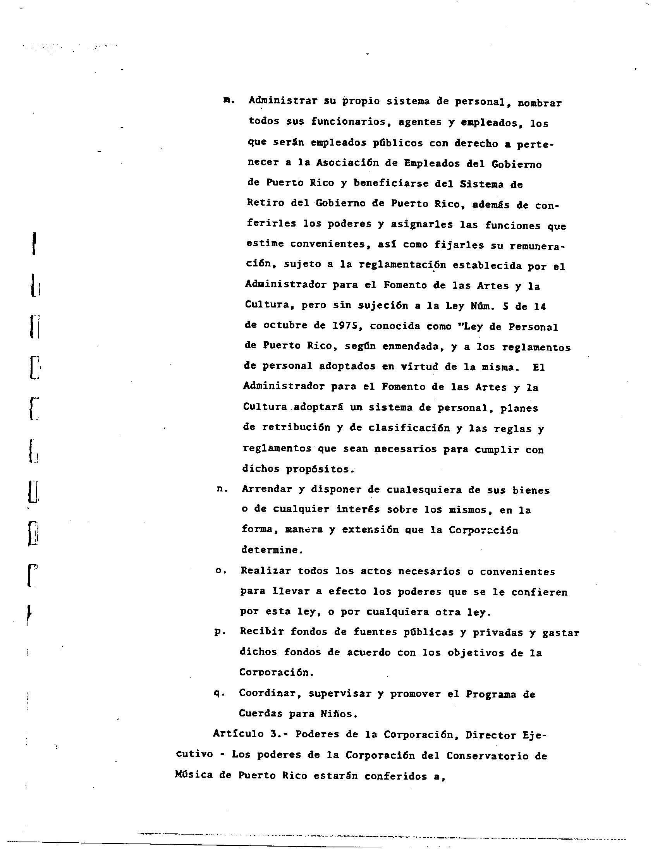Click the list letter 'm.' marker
point(229,100)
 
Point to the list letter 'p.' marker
point(220,632)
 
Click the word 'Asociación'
point(347,163)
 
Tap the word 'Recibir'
point(262,632)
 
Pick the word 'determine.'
point(272,550)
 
